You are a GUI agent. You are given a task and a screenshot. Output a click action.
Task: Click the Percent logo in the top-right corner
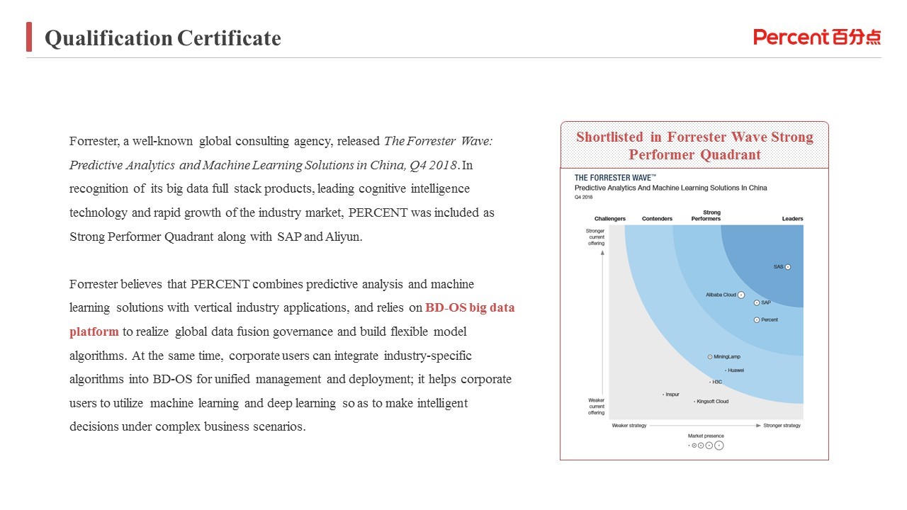point(817,37)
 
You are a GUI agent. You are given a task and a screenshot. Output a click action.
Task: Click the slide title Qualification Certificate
point(163,38)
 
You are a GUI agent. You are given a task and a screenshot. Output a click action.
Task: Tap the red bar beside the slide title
point(29,37)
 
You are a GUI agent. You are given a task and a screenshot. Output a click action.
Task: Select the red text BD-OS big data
point(470,308)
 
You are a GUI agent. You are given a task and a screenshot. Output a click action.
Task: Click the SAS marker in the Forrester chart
point(787,267)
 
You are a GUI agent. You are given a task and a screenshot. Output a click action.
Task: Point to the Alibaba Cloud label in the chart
point(721,295)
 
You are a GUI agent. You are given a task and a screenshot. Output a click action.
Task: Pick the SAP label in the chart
point(765,302)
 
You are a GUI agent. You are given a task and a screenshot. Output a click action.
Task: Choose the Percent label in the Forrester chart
point(769,320)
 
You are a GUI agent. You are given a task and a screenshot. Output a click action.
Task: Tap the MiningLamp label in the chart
point(728,357)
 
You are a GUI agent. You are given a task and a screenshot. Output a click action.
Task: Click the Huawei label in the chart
point(736,370)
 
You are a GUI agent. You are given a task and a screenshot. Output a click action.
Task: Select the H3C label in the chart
point(717,382)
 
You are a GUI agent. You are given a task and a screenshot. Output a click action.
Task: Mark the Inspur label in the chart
point(672,395)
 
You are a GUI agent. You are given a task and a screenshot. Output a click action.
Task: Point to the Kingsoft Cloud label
point(712,402)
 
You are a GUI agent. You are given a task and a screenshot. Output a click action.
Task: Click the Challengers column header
point(610,219)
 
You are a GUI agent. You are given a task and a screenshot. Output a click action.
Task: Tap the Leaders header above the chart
point(792,219)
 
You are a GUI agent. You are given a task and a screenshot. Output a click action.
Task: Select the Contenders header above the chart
point(657,219)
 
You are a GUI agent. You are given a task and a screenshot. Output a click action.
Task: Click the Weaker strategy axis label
point(629,426)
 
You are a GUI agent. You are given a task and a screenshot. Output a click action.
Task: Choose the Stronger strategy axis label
point(782,426)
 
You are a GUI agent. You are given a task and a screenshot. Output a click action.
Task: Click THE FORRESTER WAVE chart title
point(615,178)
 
